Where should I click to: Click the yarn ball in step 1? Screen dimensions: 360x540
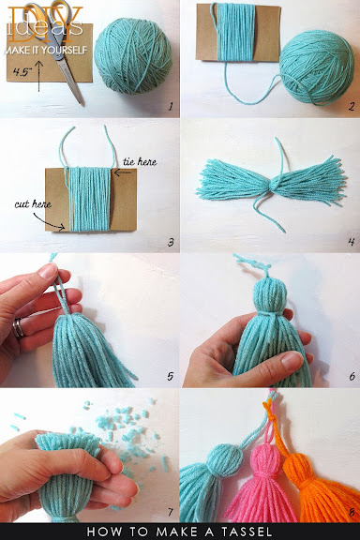[133, 56]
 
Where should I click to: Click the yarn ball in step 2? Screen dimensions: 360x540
[316, 67]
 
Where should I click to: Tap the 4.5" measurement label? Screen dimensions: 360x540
[22, 71]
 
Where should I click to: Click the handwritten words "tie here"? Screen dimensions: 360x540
[140, 161]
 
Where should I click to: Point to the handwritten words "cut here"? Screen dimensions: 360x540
[33, 203]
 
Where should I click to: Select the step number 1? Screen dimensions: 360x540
[171, 107]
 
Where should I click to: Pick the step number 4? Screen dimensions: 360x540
[351, 242]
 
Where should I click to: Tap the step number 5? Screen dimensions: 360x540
[171, 376]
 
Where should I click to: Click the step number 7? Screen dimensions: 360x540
[171, 512]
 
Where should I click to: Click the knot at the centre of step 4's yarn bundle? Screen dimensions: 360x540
[274, 186]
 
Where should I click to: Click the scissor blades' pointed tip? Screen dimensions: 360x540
[82, 103]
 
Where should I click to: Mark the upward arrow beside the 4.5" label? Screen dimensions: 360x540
[38, 76]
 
